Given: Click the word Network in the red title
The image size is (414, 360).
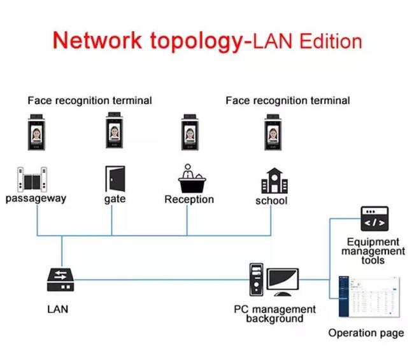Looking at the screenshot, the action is pos(97,40).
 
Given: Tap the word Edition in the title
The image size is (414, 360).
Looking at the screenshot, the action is pos(331,41).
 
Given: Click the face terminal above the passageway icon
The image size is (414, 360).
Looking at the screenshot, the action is pos(36,132).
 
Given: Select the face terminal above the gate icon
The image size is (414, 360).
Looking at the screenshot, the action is pos(114,130).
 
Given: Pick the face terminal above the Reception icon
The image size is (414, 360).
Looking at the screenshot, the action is pos(190,132).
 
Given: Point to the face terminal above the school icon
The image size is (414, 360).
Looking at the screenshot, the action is pos(273,132).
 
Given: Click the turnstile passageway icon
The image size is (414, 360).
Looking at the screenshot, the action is pos(32,179).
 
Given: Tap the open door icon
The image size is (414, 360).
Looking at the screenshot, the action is pos(115,179).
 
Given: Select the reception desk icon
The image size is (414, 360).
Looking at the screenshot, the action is pos(192,178).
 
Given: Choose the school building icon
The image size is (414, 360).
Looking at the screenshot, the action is pos(275,181).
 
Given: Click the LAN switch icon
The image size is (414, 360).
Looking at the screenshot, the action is pos(61,280).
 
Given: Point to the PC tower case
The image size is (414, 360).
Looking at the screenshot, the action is pos(257,280).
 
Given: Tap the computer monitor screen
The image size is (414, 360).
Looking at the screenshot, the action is pos(283,280).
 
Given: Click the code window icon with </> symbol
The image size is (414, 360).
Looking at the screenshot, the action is pos(375,219).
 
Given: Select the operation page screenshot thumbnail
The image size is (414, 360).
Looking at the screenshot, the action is pos(369,297).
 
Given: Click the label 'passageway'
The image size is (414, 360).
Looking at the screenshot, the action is pos(36,198).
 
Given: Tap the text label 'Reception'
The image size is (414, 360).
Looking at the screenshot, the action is pos(189,199).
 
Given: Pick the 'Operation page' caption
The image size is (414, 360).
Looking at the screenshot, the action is pos(366,333).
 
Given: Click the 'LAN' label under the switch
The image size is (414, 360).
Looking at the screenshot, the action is pos(57,309).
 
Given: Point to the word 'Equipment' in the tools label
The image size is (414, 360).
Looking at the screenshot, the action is pos(373,242).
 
